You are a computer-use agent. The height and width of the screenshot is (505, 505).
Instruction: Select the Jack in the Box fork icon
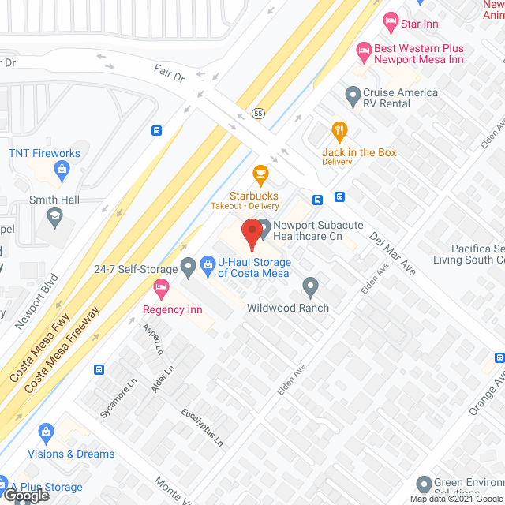[340, 130]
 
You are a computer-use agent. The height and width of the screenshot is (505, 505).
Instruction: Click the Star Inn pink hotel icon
[389, 18]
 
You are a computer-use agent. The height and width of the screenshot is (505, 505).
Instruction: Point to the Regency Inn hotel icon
[162, 287]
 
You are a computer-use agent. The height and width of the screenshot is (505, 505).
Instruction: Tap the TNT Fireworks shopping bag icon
[62, 168]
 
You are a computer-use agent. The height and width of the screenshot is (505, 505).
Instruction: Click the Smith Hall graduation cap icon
[54, 215]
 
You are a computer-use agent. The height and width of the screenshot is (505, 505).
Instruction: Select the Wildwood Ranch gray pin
[310, 286]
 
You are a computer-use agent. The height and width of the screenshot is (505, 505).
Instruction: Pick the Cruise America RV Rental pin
[353, 98]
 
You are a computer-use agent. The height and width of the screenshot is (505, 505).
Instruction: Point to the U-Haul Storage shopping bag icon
[208, 262]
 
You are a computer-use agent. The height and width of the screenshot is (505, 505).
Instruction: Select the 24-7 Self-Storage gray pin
[188, 268]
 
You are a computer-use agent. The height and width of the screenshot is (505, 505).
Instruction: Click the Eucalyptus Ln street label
[201, 428]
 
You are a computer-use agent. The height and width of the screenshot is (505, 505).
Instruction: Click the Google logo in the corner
[25, 496]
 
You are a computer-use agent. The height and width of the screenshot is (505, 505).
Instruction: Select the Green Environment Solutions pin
[425, 484]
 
